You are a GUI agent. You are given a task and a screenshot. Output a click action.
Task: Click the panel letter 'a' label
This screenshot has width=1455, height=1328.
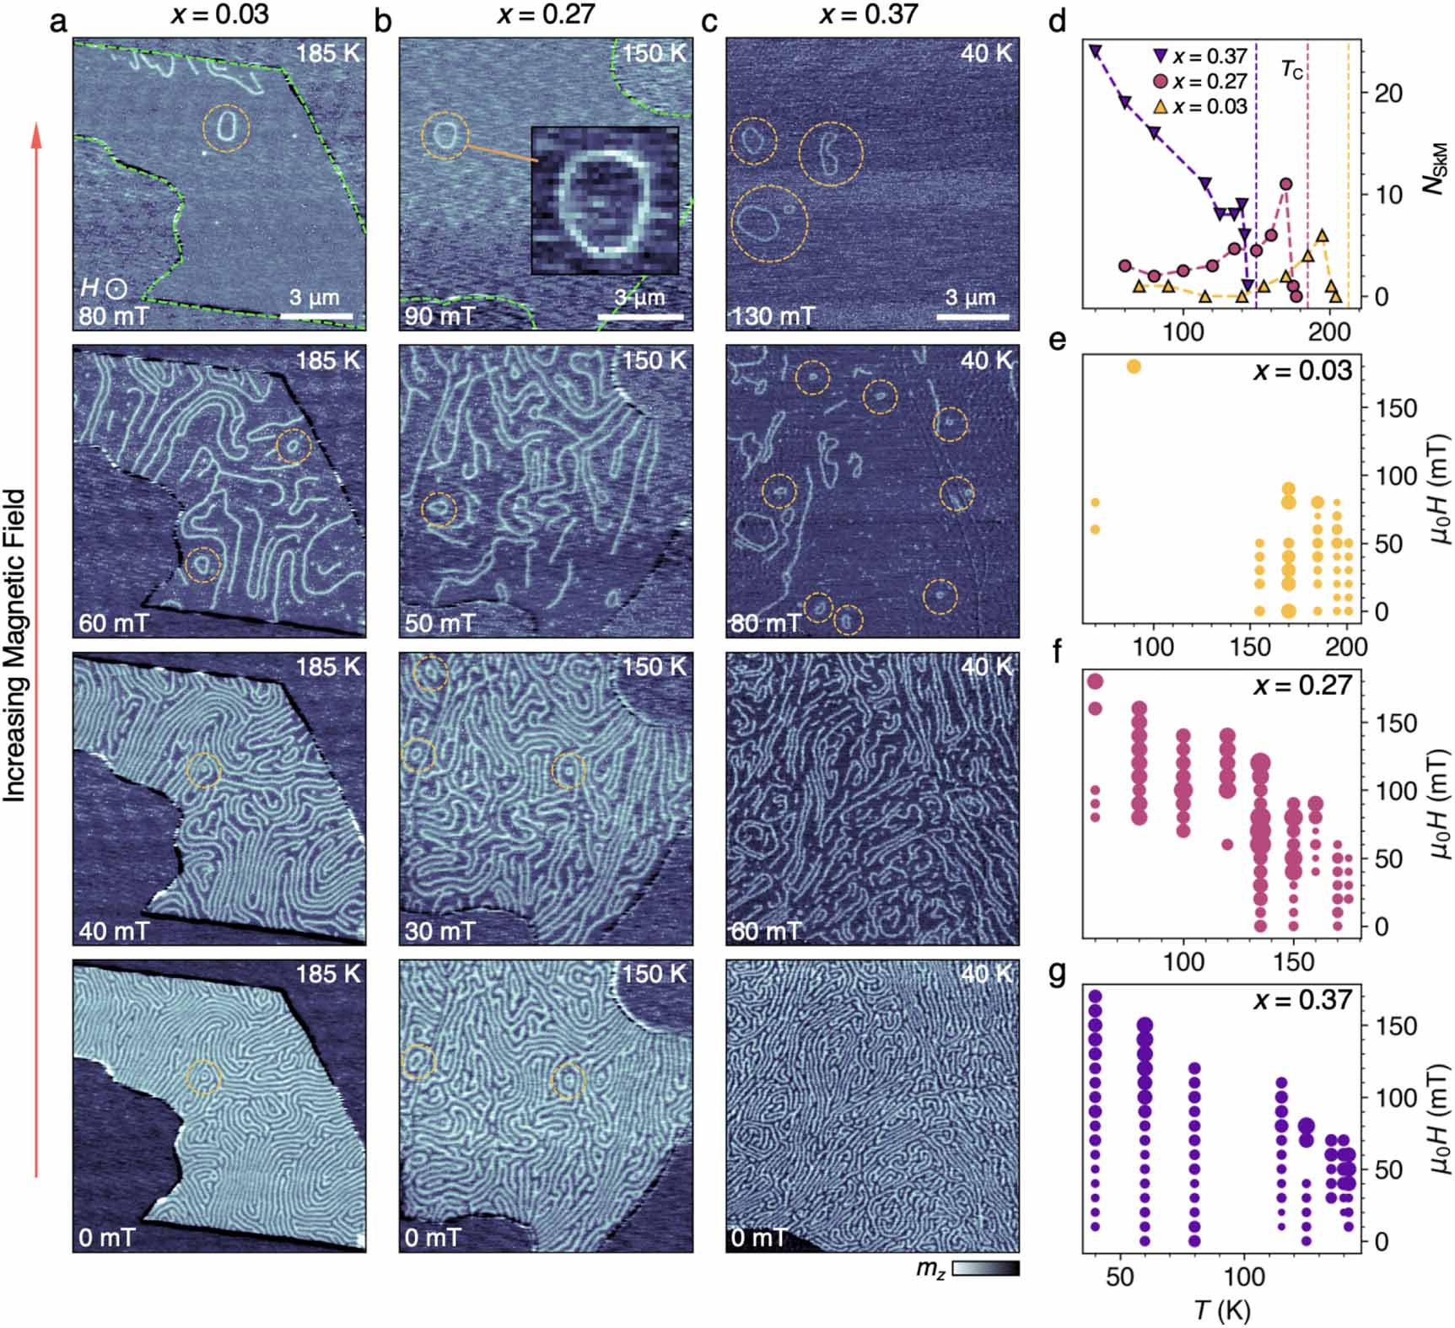58,20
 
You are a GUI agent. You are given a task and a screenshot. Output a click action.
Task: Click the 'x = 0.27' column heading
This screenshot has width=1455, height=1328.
547,14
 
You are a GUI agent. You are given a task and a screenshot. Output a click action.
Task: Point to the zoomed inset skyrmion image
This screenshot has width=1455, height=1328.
605,200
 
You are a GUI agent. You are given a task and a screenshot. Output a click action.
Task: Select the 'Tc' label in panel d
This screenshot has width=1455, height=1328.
1291,69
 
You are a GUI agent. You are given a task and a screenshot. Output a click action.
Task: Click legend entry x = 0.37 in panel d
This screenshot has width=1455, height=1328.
1200,56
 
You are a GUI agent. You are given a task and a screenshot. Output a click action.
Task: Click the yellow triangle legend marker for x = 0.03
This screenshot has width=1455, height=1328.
1161,107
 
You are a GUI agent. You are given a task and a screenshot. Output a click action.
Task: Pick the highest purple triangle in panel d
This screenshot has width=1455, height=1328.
1095,51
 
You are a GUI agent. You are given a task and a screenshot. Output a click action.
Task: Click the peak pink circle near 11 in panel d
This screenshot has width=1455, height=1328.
1285,184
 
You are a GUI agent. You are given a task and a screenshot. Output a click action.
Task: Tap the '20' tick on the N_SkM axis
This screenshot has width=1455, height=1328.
1388,93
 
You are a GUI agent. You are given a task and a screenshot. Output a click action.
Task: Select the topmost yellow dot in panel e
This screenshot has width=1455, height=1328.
1134,366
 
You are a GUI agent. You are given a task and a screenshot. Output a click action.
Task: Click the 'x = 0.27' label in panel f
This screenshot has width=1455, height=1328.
1302,685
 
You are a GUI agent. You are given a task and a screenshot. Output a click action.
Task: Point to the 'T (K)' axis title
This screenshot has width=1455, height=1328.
1222,1309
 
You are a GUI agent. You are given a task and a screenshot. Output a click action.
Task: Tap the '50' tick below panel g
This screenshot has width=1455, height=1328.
1119,1276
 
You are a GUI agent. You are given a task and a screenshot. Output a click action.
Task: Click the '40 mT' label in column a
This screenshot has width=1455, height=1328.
113,931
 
